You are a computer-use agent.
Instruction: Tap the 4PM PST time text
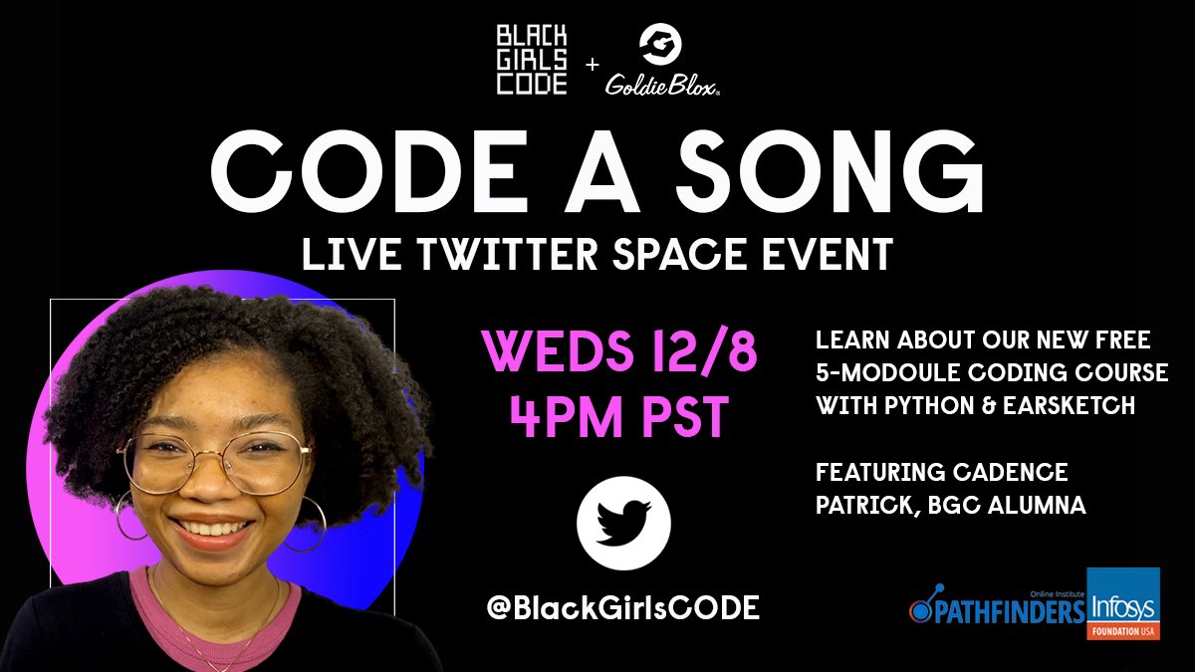[x=619, y=418]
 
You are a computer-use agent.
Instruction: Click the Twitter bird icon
[x=623, y=523]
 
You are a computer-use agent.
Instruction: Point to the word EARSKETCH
[x=1056, y=407]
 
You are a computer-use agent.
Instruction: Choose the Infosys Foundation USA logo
[x=1122, y=603]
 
